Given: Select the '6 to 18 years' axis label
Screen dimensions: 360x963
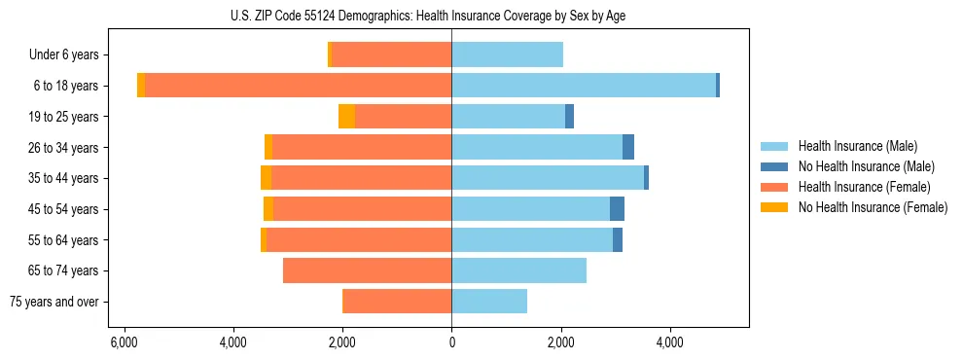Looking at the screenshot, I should (65, 86).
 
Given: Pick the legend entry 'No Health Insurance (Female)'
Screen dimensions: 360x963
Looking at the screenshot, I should (873, 207).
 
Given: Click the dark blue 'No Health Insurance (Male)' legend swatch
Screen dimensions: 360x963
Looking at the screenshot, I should (775, 166).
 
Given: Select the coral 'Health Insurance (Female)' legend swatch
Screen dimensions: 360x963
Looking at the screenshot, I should (775, 187).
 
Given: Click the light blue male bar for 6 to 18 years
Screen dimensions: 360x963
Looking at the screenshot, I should (584, 86).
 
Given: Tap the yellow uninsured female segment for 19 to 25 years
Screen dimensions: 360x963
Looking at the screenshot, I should (346, 117).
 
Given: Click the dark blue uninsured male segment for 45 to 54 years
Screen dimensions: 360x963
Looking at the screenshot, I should (617, 209).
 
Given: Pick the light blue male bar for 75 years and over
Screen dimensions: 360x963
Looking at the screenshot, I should (489, 302).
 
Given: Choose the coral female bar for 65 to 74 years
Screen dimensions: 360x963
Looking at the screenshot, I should (367, 270).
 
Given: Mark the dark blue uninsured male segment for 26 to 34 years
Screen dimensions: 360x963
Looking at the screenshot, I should (628, 147).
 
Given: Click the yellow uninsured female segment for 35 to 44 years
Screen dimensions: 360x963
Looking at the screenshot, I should (266, 178).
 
